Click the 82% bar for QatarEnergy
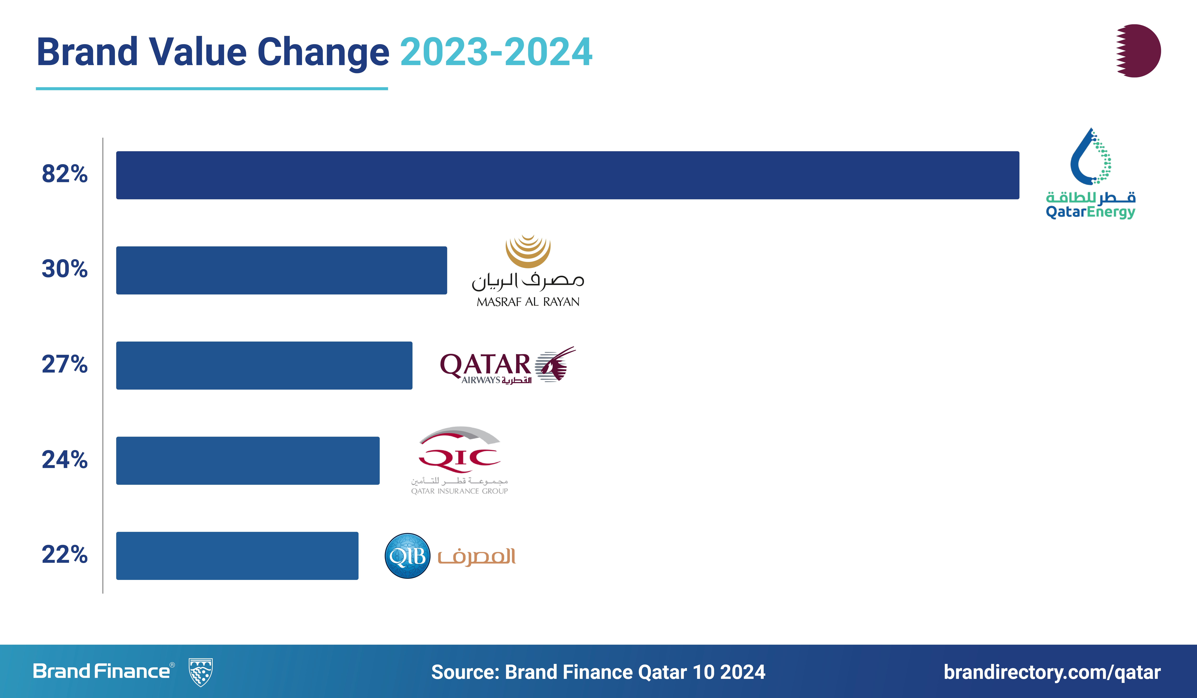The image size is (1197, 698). pyautogui.click(x=568, y=175)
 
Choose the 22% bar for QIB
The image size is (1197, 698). pyautogui.click(x=237, y=556)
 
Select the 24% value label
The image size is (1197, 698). pyautogui.click(x=65, y=460)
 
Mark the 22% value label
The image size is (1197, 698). pyautogui.click(x=65, y=555)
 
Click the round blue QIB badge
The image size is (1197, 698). pyautogui.click(x=407, y=556)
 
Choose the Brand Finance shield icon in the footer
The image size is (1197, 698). pyautogui.click(x=200, y=672)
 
